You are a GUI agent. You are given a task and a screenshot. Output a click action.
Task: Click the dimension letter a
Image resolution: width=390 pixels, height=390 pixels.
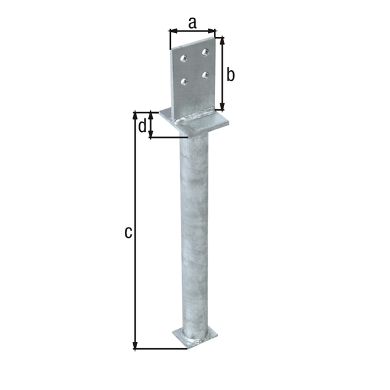[192, 22]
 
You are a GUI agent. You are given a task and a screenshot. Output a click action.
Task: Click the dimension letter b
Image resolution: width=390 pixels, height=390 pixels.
[230, 74]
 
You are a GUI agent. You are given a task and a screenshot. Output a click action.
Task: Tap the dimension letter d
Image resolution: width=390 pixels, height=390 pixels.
[142, 126]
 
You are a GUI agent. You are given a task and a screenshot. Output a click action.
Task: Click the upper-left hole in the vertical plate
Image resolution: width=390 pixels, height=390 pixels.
[184, 59]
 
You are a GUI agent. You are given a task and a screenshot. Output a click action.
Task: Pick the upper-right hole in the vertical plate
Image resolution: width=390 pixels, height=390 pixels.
[205, 51]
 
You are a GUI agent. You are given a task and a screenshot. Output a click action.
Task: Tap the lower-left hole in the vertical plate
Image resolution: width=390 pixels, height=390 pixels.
[184, 81]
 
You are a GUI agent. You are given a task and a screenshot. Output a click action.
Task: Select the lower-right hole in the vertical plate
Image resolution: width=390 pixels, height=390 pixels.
[205, 74]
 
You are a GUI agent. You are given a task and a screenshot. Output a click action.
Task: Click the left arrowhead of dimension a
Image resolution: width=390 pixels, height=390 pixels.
[172, 30]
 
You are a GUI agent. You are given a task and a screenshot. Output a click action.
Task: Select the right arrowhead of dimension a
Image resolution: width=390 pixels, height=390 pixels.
[213, 30]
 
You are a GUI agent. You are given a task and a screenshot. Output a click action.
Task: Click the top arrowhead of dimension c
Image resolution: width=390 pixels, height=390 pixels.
[135, 116]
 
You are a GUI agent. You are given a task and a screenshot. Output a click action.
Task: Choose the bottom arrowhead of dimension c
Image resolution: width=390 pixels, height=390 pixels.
[135, 346]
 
